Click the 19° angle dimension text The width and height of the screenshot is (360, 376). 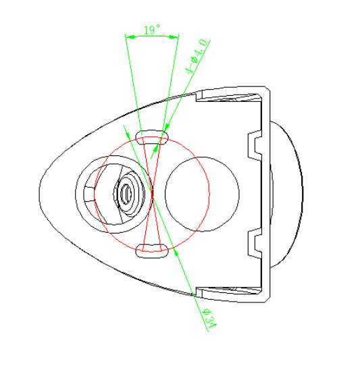[x=152, y=30]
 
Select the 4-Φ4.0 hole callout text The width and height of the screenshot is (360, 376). [x=197, y=57]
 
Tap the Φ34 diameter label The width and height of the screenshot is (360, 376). [x=210, y=319]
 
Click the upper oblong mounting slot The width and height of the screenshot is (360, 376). [x=152, y=137]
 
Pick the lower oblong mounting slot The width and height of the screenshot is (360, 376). [x=152, y=251]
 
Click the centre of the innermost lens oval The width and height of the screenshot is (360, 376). [x=126, y=193]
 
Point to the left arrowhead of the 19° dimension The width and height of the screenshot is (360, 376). [x=130, y=37]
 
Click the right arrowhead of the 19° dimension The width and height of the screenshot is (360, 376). [x=174, y=36]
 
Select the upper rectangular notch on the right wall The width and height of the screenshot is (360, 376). [x=255, y=146]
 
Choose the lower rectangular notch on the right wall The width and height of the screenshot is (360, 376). [x=255, y=244]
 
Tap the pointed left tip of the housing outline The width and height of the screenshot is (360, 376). [x=39, y=192]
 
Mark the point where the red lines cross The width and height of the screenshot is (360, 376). [x=152, y=194]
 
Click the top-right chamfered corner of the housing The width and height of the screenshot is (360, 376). [x=267, y=88]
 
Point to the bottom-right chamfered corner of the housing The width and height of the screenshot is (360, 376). [x=267, y=300]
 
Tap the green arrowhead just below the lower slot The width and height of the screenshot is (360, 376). [x=176, y=252]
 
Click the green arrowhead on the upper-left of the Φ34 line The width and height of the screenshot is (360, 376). [x=128, y=136]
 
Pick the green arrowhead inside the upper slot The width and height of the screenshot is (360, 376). [x=156, y=149]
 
